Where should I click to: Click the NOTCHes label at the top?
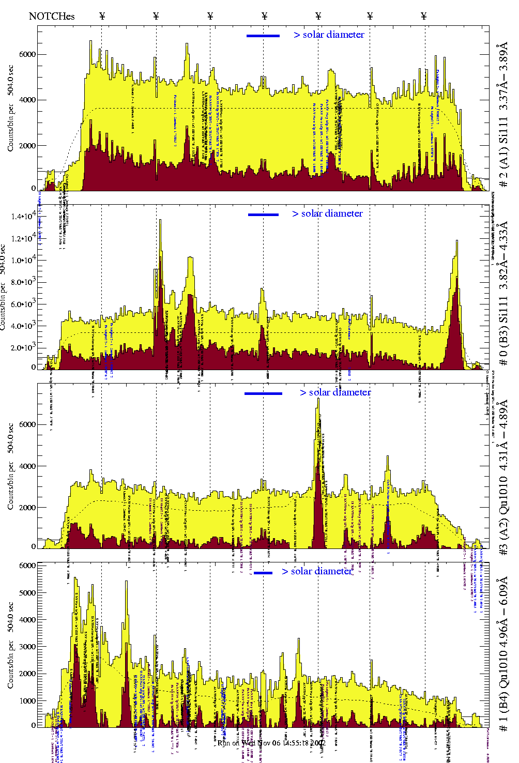pos(52,16)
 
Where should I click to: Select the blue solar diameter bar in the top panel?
pos(263,36)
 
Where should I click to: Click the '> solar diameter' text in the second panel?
pos(327,213)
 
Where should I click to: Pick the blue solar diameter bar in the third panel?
pos(263,393)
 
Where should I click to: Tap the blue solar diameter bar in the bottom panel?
pos(263,573)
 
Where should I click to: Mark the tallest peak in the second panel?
pos(160,221)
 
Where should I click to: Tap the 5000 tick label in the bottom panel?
pos(27,592)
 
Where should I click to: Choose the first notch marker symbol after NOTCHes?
pos(102,16)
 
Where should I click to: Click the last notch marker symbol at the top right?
pos(424,16)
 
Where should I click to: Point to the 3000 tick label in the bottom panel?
pos(27,647)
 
